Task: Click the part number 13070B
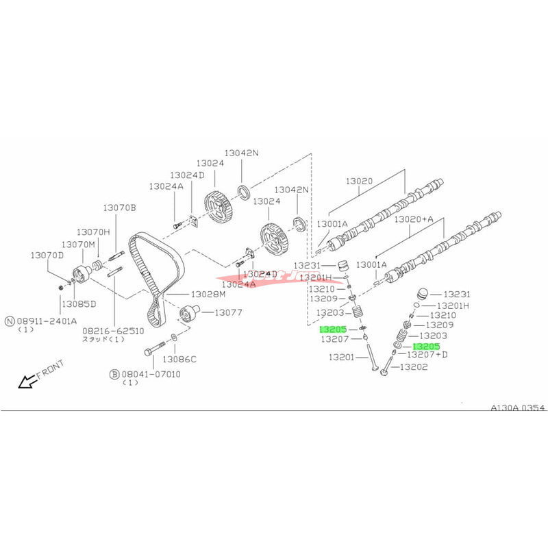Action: point(120,208)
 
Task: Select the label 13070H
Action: point(92,232)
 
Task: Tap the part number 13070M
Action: point(77,244)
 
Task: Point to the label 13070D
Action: point(46,255)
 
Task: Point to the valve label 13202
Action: point(413,367)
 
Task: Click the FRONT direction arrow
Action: point(29,380)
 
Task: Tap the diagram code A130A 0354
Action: point(517,408)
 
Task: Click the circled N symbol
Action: point(10,320)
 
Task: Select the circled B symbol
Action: point(114,375)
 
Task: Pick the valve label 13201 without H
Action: point(341,357)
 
